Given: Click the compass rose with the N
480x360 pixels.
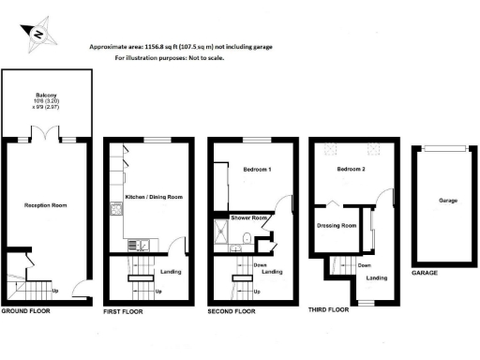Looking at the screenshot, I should point(38,33).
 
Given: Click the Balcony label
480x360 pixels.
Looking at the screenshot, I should point(47,95).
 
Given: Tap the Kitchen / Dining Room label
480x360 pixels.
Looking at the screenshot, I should point(153,198).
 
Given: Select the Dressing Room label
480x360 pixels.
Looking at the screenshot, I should point(337,226).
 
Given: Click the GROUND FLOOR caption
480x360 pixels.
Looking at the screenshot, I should point(27,309).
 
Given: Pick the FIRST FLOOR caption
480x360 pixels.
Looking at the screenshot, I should point(123,310).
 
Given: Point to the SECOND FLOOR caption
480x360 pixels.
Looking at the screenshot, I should point(231,310).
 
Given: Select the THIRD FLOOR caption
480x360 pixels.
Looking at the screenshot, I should point(328,308).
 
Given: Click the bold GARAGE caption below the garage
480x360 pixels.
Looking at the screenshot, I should point(426,274).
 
